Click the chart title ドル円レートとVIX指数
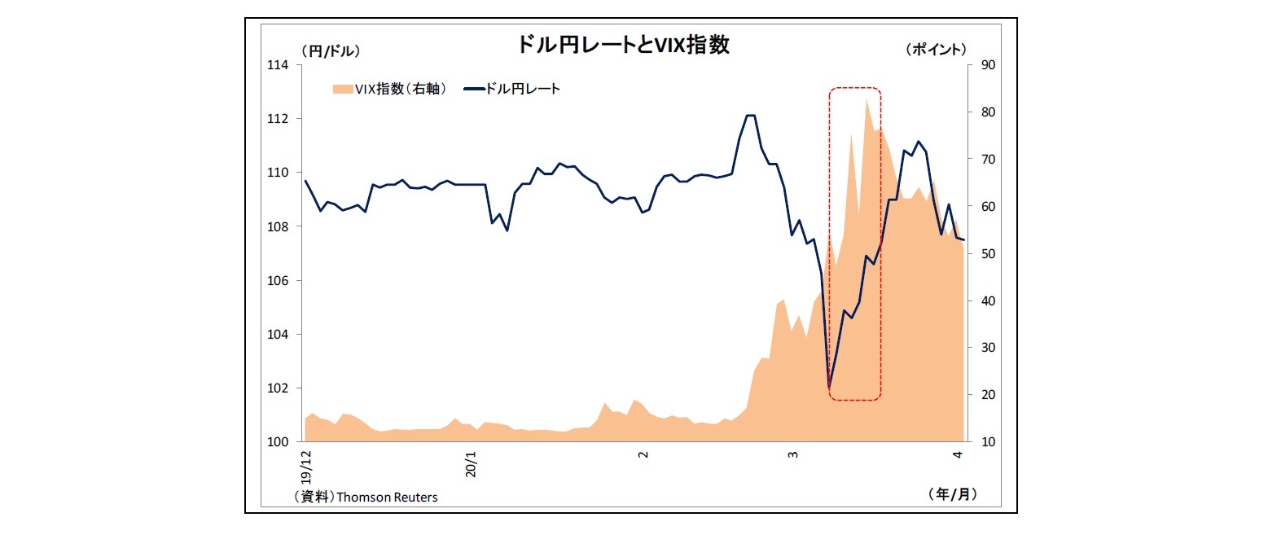click(x=623, y=45)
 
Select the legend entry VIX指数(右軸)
click(x=388, y=89)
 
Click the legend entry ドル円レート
click(x=522, y=89)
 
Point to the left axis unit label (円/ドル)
click(x=331, y=50)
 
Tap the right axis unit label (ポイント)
click(x=936, y=50)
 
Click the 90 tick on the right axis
click(x=981, y=65)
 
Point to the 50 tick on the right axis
click(x=981, y=253)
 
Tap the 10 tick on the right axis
click(x=981, y=441)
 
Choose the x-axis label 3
click(x=792, y=455)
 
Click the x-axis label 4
click(x=958, y=455)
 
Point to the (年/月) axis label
click(x=951, y=493)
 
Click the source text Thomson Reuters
click(x=386, y=497)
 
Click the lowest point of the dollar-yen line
click(x=829, y=386)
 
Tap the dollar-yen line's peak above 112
click(x=751, y=116)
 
